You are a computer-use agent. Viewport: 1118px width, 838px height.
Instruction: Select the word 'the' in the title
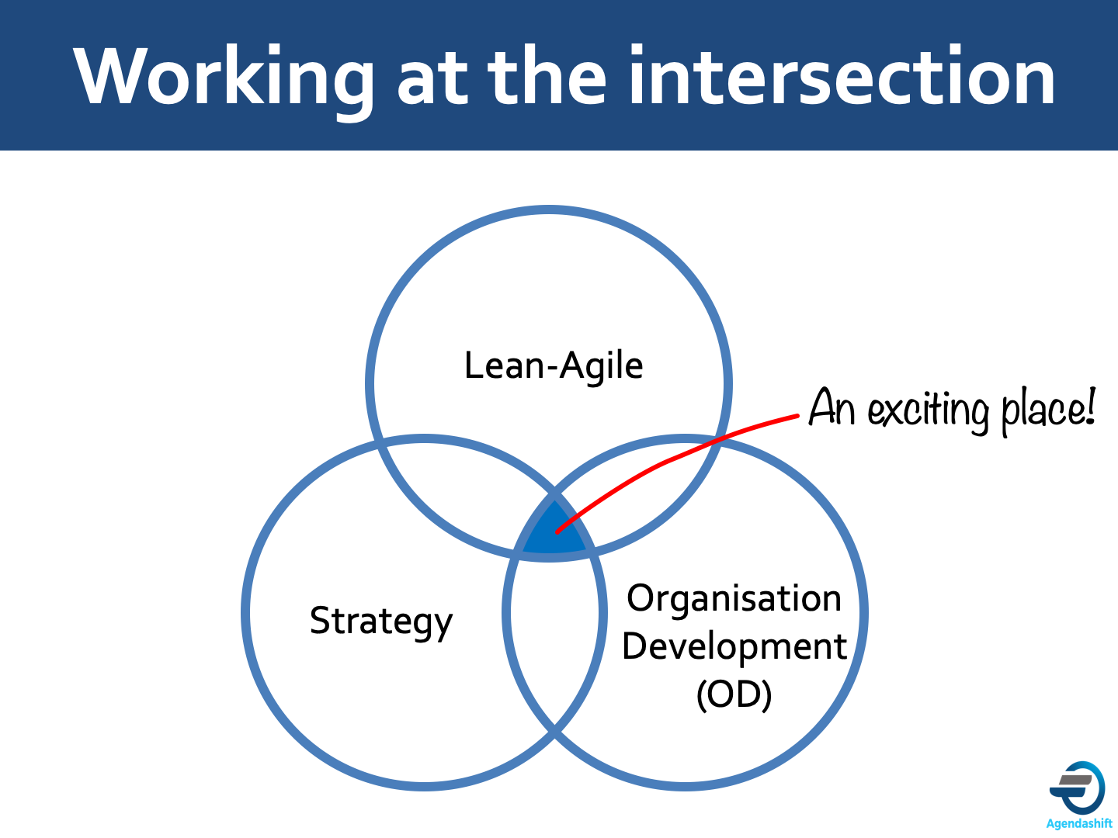point(547,75)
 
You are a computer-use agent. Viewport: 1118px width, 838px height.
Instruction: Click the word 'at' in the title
point(432,81)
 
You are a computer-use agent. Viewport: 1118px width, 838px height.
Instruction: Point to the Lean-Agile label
point(554,365)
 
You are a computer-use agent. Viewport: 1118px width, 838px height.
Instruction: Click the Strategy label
point(381,622)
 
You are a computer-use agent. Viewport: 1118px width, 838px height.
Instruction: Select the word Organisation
point(734,599)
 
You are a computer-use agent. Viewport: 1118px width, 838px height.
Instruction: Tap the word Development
point(734,647)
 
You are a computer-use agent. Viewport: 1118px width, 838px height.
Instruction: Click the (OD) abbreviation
point(734,694)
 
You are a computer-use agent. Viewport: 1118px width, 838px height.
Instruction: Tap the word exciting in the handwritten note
point(928,410)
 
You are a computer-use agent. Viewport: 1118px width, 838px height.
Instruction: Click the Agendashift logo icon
point(1078,788)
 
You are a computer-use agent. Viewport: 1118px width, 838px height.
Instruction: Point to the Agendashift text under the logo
point(1078,823)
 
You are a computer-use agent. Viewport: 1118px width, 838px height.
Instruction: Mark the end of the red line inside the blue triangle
point(557,532)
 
